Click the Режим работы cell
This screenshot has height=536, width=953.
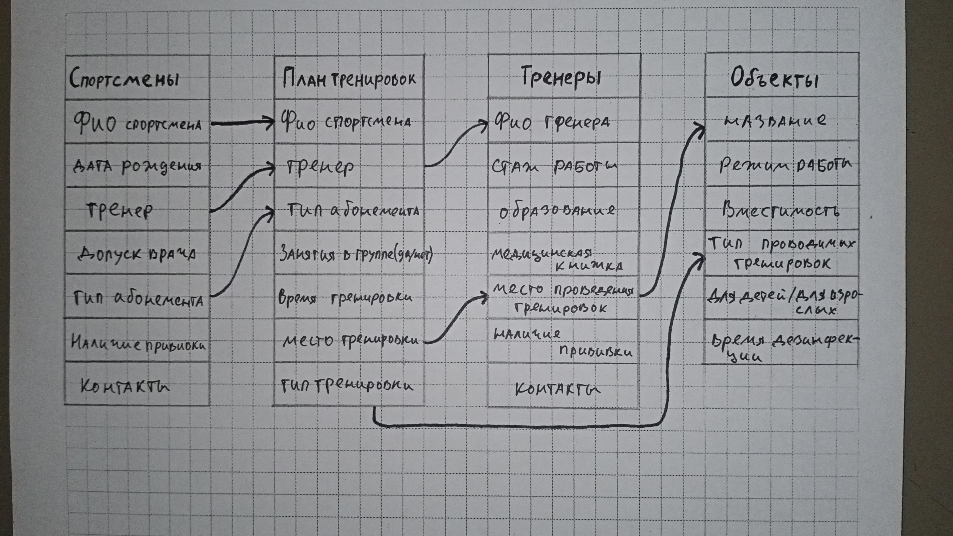784,165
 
